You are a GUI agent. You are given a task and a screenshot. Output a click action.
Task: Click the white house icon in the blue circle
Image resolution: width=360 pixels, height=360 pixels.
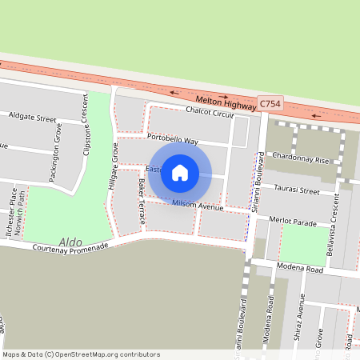180,172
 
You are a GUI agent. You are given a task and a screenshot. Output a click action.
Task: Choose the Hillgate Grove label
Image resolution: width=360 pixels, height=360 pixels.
114,172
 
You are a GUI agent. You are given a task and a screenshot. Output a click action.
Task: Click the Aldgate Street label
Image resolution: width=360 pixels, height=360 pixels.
33,118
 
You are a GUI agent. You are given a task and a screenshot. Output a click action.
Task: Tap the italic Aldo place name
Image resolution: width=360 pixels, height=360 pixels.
70,241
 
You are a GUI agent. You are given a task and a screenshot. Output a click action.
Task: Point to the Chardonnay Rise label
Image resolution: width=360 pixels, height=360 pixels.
300,160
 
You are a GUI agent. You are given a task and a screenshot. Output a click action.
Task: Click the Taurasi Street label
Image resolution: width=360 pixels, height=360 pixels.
296,190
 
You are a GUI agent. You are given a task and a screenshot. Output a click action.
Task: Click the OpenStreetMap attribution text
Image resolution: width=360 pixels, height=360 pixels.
80,354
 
